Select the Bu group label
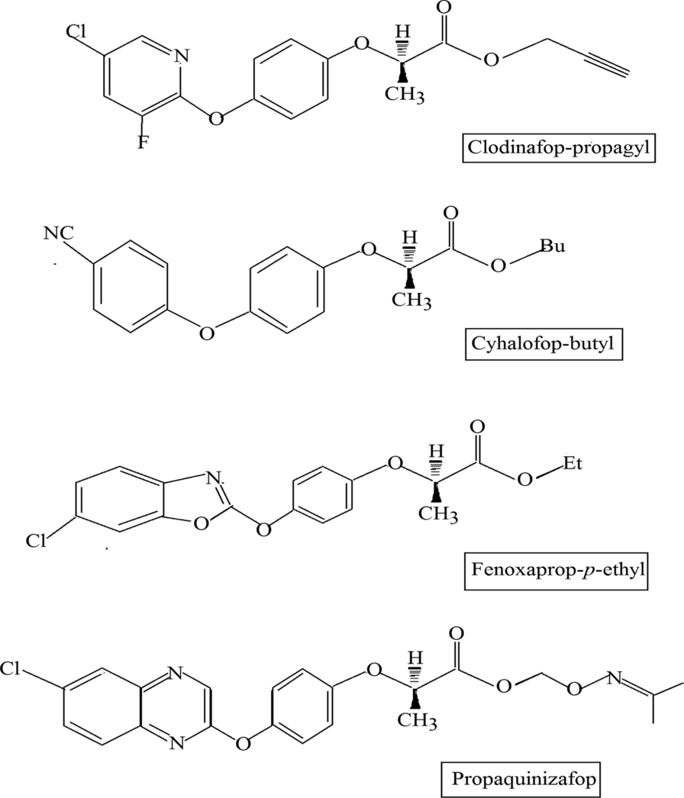(x=550, y=245)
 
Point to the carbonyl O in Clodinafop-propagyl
(x=444, y=9)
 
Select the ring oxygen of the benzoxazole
(x=201, y=524)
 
